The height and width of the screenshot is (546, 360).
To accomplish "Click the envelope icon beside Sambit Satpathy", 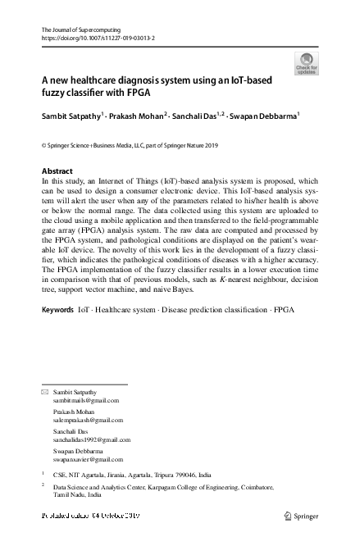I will (45, 393).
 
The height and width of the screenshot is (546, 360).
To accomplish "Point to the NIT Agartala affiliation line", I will (131, 474).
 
